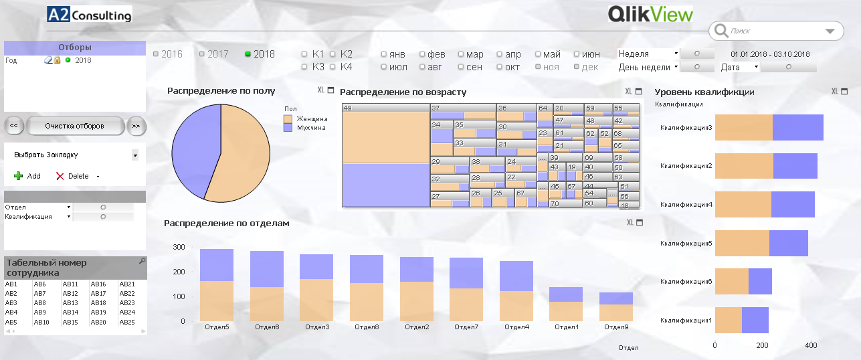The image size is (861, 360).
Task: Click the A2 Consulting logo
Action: coord(90,14)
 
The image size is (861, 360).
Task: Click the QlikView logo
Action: coord(650,14)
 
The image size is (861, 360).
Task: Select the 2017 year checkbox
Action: coord(203,54)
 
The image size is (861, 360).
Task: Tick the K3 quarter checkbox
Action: coord(305,67)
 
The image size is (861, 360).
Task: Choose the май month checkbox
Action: coord(539,54)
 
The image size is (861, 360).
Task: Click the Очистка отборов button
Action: coord(74,126)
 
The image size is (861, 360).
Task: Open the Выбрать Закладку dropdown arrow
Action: coord(135,155)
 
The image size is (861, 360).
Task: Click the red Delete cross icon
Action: coord(60,176)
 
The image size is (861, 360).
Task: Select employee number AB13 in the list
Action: coord(70,303)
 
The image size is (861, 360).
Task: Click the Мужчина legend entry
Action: coord(310,127)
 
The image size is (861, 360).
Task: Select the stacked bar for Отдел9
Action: coord(616,307)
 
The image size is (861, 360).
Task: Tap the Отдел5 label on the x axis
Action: coord(217,327)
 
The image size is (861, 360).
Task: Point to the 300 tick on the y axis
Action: coord(179,248)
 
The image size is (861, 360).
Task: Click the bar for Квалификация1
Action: coord(741,320)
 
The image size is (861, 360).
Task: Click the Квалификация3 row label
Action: coord(686,127)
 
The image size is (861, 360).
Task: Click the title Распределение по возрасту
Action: coord(403,92)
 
